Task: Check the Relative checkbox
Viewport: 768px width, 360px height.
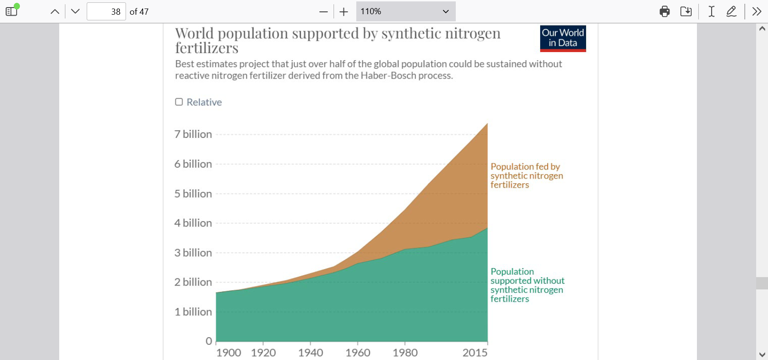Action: (179, 102)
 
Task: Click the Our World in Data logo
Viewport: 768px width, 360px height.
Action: (563, 38)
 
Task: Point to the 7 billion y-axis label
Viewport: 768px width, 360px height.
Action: (193, 135)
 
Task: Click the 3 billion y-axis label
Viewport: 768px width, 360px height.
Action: (193, 253)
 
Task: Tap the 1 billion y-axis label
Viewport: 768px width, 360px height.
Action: (193, 312)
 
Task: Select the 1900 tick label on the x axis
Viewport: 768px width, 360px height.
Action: (228, 353)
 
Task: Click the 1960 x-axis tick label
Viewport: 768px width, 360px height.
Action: (358, 353)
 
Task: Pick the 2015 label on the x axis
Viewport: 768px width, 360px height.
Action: (475, 353)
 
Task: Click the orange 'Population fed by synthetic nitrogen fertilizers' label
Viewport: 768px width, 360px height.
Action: (526, 176)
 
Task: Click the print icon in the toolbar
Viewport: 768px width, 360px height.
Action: (665, 11)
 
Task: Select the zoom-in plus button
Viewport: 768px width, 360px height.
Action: (344, 12)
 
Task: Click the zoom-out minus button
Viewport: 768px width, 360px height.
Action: (324, 12)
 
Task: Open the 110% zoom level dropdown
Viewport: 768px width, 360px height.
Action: (406, 11)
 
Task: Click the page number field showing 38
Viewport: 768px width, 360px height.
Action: (106, 11)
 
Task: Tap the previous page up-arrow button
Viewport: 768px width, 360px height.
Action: (55, 11)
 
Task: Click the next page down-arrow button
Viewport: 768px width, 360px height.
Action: (75, 11)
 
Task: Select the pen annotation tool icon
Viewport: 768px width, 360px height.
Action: (732, 11)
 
